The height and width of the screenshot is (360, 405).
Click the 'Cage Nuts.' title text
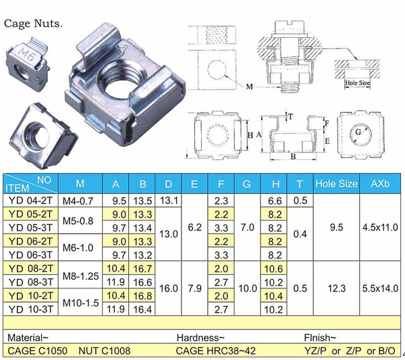33,24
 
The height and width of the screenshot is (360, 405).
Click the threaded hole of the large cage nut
120,78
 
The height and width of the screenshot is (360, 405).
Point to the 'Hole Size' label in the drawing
358,83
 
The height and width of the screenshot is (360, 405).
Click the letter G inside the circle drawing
358,132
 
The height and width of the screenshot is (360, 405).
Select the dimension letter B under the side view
293,156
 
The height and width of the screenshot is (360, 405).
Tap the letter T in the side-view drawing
291,117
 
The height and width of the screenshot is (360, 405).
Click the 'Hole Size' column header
336,184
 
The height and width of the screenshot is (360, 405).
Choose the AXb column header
380,184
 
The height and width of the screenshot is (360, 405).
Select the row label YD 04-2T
30,201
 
